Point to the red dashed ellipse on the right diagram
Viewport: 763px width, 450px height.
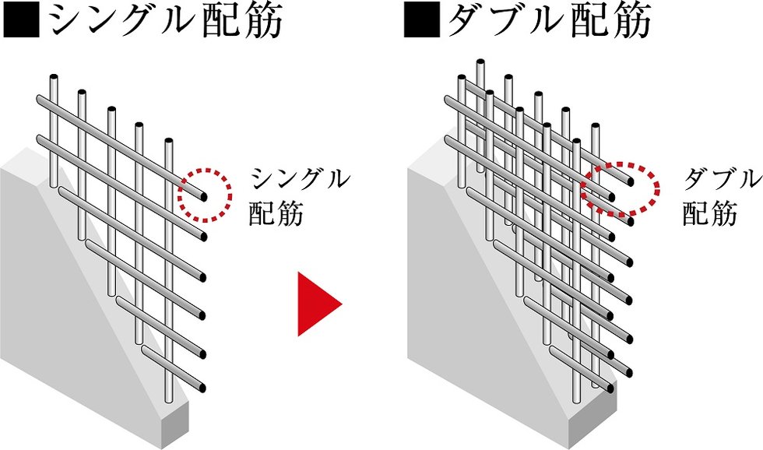point(621,188)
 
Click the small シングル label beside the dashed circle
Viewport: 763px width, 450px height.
point(299,179)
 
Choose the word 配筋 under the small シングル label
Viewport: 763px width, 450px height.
point(276,213)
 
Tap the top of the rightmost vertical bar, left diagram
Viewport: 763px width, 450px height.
point(168,142)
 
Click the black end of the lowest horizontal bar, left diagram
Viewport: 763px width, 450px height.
point(204,386)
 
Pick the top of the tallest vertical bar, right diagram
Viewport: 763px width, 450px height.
point(480,62)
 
